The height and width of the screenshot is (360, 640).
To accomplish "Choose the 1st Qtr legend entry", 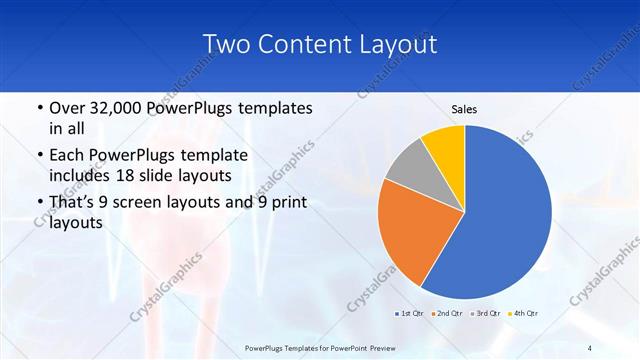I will (409, 314).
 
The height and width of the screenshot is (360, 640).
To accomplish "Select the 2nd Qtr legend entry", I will (447, 314).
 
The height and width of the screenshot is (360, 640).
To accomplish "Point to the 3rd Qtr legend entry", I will (485, 314).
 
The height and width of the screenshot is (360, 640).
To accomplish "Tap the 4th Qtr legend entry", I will (523, 314).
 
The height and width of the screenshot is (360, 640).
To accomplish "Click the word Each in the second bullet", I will (69, 155).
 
